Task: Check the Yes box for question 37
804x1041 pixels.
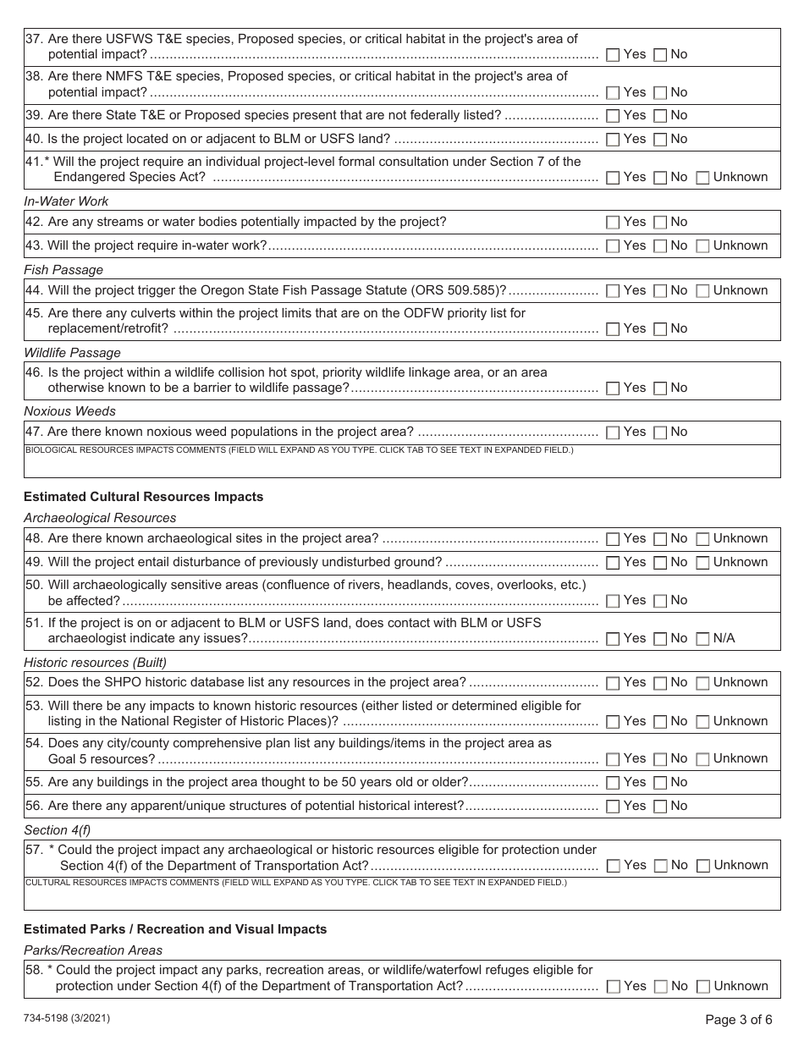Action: click(x=613, y=55)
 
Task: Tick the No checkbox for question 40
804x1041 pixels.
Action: click(x=660, y=140)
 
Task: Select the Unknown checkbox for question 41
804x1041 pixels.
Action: click(x=702, y=178)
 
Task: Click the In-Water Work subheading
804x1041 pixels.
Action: click(x=66, y=201)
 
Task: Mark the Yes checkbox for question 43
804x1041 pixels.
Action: click(x=613, y=246)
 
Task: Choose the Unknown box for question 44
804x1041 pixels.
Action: click(x=702, y=291)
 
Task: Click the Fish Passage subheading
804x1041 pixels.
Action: click(x=63, y=270)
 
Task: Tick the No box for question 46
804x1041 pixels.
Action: click(x=660, y=388)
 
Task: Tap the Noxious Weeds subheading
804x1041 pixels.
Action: click(x=69, y=411)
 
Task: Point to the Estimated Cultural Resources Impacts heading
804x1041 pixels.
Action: click(x=143, y=497)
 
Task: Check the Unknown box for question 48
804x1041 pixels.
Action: click(x=702, y=539)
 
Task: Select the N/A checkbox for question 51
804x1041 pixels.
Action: click(x=702, y=639)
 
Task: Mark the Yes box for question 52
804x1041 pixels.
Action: click(x=613, y=683)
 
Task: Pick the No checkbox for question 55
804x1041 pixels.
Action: click(x=660, y=783)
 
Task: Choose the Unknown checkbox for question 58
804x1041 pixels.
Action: click(x=702, y=987)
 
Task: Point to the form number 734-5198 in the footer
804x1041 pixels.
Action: click(x=66, y=1019)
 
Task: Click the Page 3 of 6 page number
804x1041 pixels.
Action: click(x=738, y=1020)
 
